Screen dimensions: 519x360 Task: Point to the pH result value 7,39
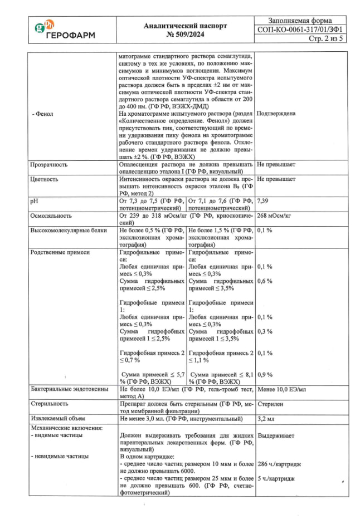click(265, 200)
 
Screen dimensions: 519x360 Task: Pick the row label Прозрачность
click(48, 165)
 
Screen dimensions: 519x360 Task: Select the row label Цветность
click(45, 180)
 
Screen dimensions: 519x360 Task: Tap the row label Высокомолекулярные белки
click(66, 230)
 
